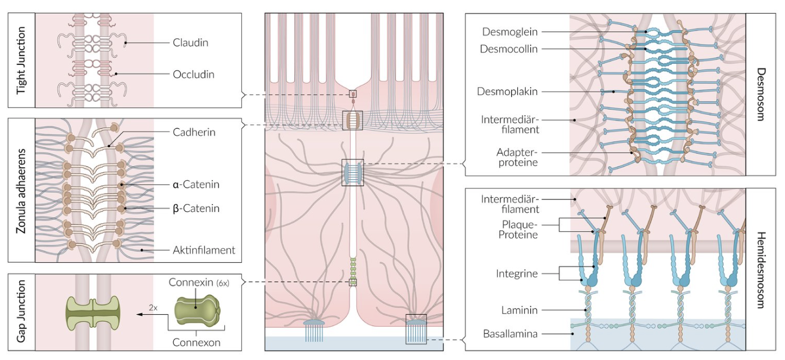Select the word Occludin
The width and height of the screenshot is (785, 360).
(x=193, y=74)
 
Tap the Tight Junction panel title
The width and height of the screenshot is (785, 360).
(x=21, y=60)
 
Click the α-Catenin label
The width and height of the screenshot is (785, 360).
(x=196, y=184)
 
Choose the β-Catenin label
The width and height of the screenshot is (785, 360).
(x=196, y=209)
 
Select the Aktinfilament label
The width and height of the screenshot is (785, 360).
(x=204, y=250)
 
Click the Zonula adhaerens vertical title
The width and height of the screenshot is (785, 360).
(x=21, y=190)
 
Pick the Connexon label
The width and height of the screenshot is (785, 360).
(x=196, y=342)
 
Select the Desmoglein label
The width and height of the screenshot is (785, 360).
(x=510, y=32)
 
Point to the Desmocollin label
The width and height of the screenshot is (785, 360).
(x=508, y=49)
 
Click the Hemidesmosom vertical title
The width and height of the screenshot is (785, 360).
(x=761, y=270)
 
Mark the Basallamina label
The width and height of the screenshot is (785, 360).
(x=509, y=334)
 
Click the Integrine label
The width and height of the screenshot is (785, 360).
(x=517, y=274)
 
